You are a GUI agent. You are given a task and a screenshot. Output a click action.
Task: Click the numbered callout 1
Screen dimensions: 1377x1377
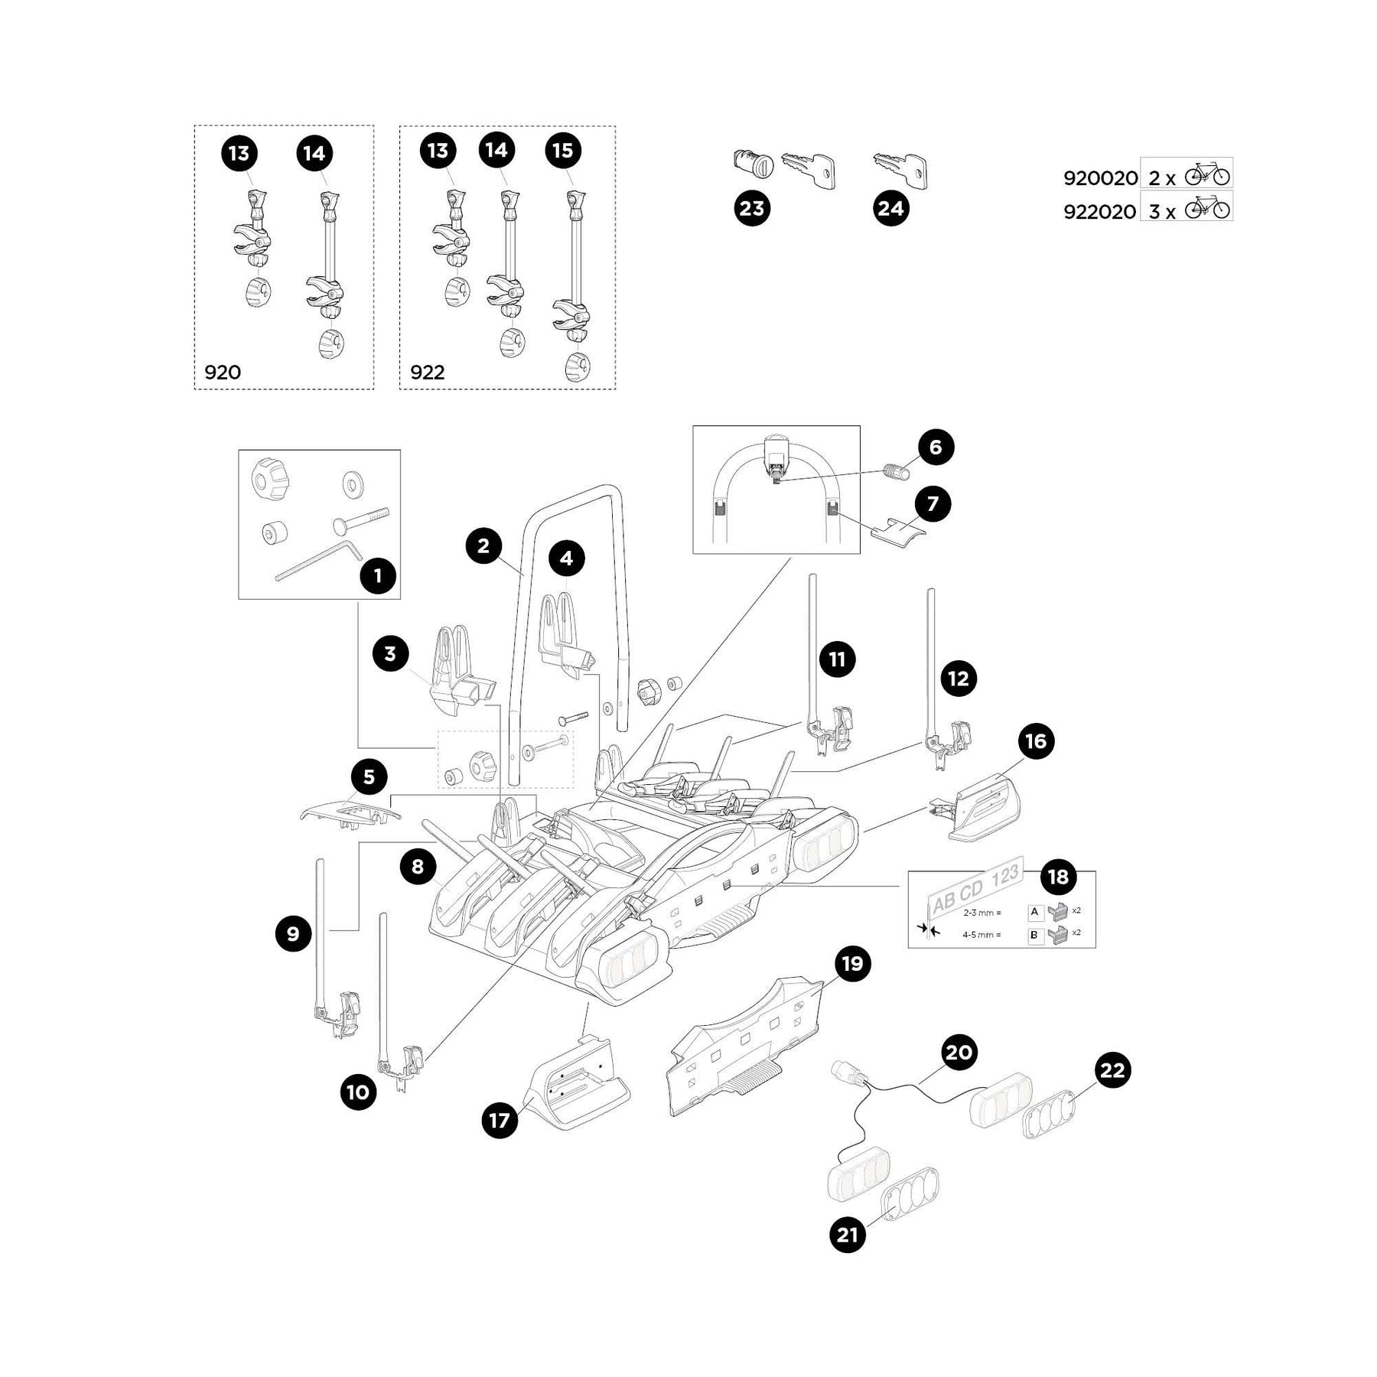tap(378, 575)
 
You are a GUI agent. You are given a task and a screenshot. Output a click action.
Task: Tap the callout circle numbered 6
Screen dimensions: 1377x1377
tap(935, 447)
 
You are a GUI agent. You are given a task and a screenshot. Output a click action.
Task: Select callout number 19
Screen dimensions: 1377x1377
tap(852, 963)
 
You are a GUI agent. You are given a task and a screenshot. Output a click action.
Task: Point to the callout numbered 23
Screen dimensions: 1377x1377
tap(752, 208)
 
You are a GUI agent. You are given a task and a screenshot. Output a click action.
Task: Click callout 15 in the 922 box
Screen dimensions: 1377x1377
tap(562, 151)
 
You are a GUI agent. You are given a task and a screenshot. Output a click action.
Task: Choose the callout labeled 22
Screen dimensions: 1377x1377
tap(1112, 1069)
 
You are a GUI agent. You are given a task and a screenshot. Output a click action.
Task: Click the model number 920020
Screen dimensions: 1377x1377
tap(1100, 178)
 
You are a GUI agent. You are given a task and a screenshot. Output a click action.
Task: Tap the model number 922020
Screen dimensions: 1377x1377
tap(1100, 211)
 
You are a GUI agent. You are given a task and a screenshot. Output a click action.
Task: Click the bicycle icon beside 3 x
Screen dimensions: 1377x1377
tap(1207, 207)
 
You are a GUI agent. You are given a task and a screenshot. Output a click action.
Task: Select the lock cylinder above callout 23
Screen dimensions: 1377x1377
tap(752, 163)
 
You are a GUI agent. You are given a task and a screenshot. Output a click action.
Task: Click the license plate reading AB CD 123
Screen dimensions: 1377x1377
tap(975, 887)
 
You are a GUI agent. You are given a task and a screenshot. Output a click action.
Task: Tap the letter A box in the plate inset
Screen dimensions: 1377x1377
tap(1035, 912)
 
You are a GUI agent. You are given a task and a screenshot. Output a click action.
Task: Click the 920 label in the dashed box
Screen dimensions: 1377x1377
tap(223, 373)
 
